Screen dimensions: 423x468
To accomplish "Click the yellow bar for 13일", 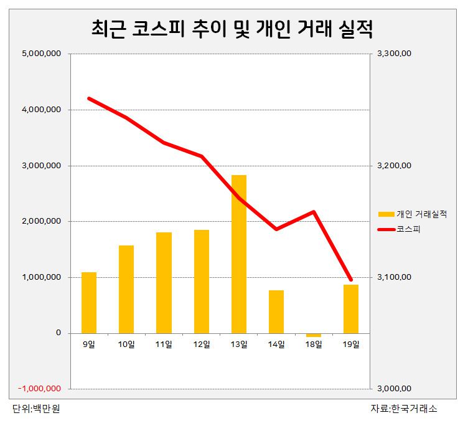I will (x=238, y=254).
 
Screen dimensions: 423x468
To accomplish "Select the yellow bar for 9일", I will (x=89, y=302).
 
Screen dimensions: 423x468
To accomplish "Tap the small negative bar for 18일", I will (x=314, y=335).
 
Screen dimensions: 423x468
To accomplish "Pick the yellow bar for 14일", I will (x=276, y=311).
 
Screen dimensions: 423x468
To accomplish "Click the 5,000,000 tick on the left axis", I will (x=41, y=54).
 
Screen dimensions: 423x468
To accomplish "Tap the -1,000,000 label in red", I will (x=40, y=389).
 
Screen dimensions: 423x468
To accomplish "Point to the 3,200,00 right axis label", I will (x=395, y=166).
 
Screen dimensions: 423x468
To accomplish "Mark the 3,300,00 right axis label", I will (x=395, y=54).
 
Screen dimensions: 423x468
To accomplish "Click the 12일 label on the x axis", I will (x=201, y=344).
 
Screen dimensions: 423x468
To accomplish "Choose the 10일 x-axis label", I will (x=126, y=344).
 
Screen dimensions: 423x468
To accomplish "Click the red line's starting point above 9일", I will (x=89, y=98).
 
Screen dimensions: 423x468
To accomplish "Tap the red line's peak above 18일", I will (x=315, y=211).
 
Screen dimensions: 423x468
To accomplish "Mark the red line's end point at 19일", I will (x=351, y=280).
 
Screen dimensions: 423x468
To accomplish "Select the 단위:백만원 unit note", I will (x=36, y=409).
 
